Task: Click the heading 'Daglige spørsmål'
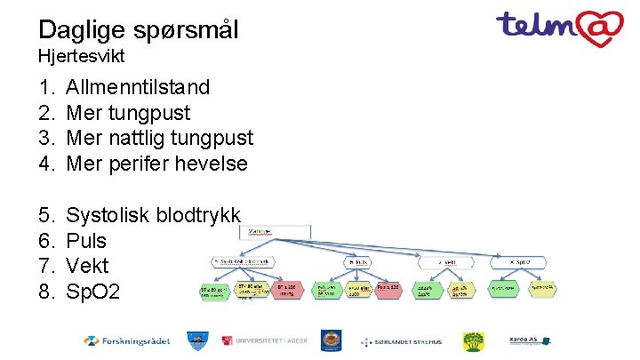click(x=139, y=29)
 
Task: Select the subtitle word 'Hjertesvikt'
click(x=81, y=56)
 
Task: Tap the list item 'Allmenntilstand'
click(x=138, y=87)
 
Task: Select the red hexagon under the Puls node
click(x=388, y=290)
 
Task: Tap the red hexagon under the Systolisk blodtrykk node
click(x=292, y=291)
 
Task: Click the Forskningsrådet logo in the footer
click(x=127, y=340)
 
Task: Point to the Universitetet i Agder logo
click(x=266, y=340)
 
